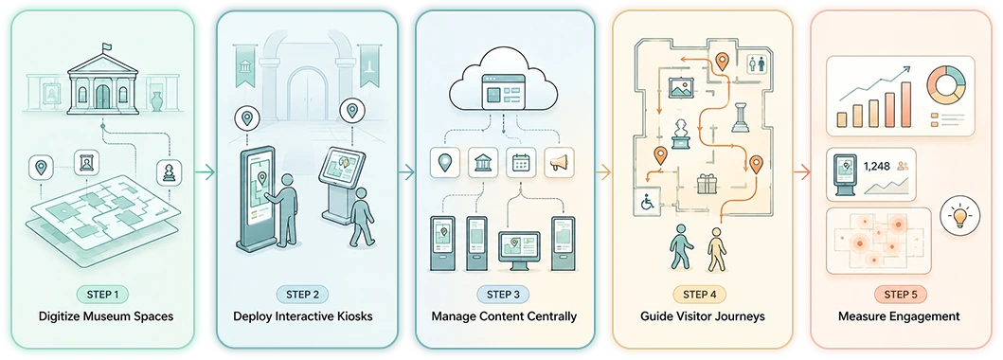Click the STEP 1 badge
pos(102,294)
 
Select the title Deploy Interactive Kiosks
pos(302,315)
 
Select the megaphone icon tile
pos(558,162)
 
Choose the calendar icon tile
pos(520,162)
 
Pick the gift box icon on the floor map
pos(707,184)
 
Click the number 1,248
pos(877,166)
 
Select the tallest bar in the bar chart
pos(905,103)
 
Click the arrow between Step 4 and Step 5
pos(802,171)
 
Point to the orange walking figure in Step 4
pos(716,249)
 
